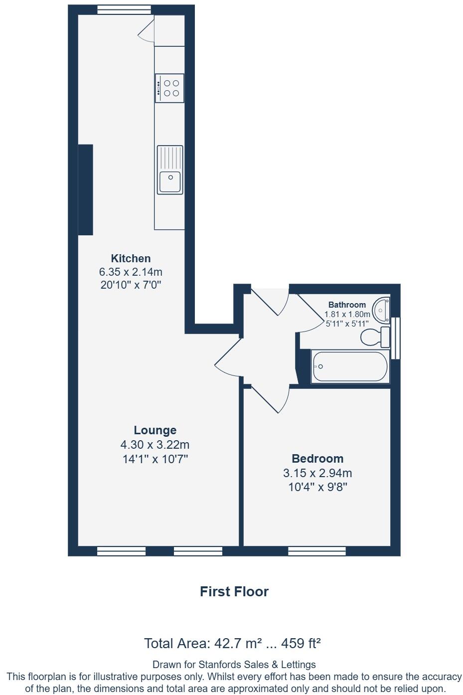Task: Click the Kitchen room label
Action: click(131, 258)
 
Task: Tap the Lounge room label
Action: click(155, 430)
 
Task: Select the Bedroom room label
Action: click(317, 459)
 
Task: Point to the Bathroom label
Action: click(347, 305)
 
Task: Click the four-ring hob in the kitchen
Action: click(169, 88)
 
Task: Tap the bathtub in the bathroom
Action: click(350, 366)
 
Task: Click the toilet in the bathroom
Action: click(374, 338)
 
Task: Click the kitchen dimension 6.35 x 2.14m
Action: click(131, 272)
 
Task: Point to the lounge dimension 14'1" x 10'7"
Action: click(155, 459)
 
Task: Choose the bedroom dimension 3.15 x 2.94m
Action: click(317, 473)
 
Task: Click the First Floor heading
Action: click(234, 592)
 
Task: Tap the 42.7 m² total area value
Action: click(237, 644)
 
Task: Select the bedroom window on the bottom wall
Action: click(316, 551)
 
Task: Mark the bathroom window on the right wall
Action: click(396, 338)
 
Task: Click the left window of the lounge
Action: click(121, 551)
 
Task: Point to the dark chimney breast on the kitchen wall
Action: click(85, 189)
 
